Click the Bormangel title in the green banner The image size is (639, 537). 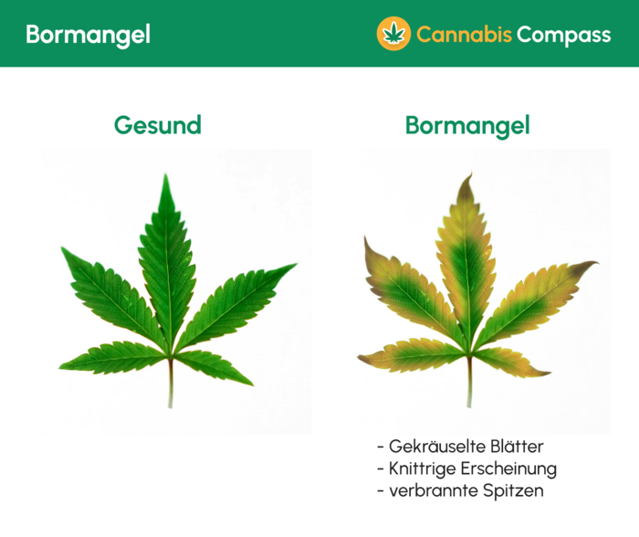[x=88, y=35]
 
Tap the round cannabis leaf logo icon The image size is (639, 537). [x=393, y=34]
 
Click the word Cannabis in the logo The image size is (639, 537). [x=463, y=35]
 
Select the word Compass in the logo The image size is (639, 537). [x=563, y=35]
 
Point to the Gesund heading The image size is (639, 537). [x=157, y=125]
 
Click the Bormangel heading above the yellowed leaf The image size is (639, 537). [x=467, y=125]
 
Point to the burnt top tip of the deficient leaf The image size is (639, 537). [x=466, y=177]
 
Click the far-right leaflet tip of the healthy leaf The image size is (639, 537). [x=294, y=266]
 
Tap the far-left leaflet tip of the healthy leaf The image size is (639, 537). [x=62, y=248]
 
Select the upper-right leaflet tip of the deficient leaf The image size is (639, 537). [x=594, y=263]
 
